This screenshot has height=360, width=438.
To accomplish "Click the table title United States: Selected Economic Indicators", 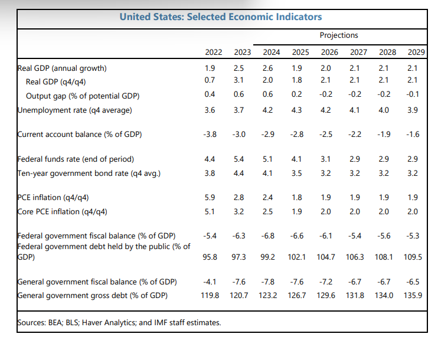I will tap(220, 17).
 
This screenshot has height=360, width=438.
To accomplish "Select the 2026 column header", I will tap(329, 52).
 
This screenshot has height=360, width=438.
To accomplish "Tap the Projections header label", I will tap(339, 35).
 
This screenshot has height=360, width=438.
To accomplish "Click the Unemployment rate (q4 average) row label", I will tap(75, 110).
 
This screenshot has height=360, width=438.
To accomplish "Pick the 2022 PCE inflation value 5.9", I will tap(209, 198).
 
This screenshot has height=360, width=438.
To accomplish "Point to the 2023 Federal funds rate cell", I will tap(239, 159).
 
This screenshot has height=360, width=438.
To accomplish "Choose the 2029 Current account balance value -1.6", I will tap(413, 134).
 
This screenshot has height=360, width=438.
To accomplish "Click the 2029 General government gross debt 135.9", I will tap(411, 295).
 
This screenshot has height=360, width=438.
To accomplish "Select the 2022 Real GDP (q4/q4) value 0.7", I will tap(209, 81).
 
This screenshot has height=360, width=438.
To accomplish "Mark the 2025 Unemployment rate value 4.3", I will tap(297, 110).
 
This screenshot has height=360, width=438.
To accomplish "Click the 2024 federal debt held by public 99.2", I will tap(267, 257).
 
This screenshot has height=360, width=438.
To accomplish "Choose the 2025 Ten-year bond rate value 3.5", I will tap(297, 173).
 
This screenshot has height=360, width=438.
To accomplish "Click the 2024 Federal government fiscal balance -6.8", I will tap(267, 236).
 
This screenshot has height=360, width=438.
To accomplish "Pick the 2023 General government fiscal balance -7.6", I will tap(239, 281).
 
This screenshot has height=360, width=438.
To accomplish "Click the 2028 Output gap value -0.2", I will tap(384, 95).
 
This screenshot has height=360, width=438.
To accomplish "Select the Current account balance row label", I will tap(80, 134).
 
